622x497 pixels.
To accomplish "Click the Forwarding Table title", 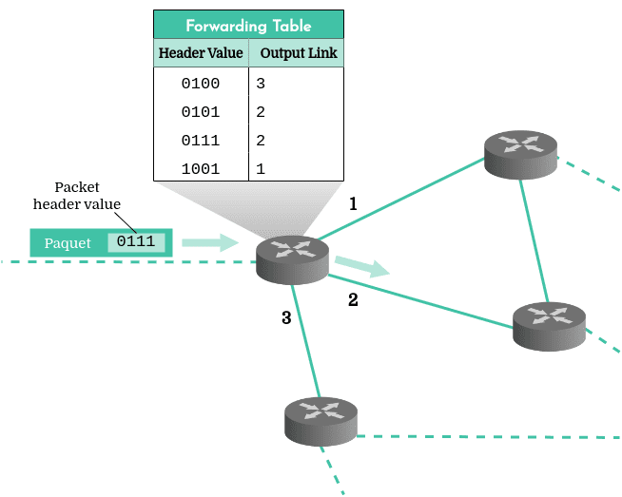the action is (x=248, y=26).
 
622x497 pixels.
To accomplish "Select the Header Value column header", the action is (x=201, y=52).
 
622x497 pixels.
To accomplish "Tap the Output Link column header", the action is (x=299, y=53).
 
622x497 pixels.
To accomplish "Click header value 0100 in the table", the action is (x=201, y=84).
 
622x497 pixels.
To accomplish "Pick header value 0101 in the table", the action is (x=201, y=112).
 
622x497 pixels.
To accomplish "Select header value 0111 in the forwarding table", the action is (x=201, y=141).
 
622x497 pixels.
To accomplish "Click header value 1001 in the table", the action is (x=201, y=169).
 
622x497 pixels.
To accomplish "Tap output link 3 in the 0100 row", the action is (x=261, y=84).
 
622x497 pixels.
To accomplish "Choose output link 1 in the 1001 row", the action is (x=261, y=169).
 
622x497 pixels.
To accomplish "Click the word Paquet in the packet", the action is (x=68, y=243).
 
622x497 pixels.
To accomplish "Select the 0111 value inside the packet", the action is (x=136, y=241).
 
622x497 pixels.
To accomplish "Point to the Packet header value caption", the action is (x=76, y=196).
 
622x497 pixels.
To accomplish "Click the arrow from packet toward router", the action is (x=210, y=242).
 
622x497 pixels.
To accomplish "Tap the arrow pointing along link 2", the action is (x=362, y=267).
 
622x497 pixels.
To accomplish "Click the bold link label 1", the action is (x=353, y=204).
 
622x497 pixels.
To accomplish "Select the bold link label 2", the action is (x=353, y=300).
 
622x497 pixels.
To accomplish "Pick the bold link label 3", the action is (x=286, y=317).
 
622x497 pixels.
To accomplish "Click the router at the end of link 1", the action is (x=520, y=155).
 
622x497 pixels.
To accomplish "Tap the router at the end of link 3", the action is (x=321, y=422).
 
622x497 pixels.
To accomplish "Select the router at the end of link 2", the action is (x=549, y=326).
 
